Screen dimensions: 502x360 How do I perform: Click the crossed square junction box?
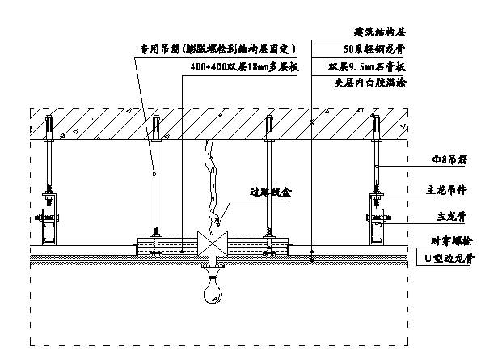click(x=214, y=243)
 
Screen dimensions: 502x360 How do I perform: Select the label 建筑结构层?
click(x=379, y=32)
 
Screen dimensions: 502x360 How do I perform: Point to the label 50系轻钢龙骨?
click(x=379, y=49)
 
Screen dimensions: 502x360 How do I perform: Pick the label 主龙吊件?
click(x=445, y=191)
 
